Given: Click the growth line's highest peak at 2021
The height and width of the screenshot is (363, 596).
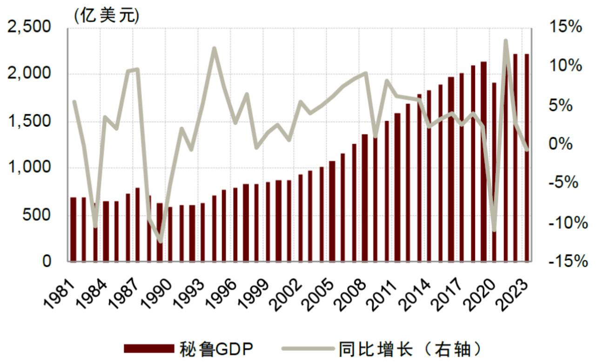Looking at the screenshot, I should pos(505,41).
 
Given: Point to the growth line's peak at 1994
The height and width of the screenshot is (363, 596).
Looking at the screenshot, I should pos(214,48).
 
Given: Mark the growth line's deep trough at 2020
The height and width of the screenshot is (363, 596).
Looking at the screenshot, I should pos(494,230).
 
